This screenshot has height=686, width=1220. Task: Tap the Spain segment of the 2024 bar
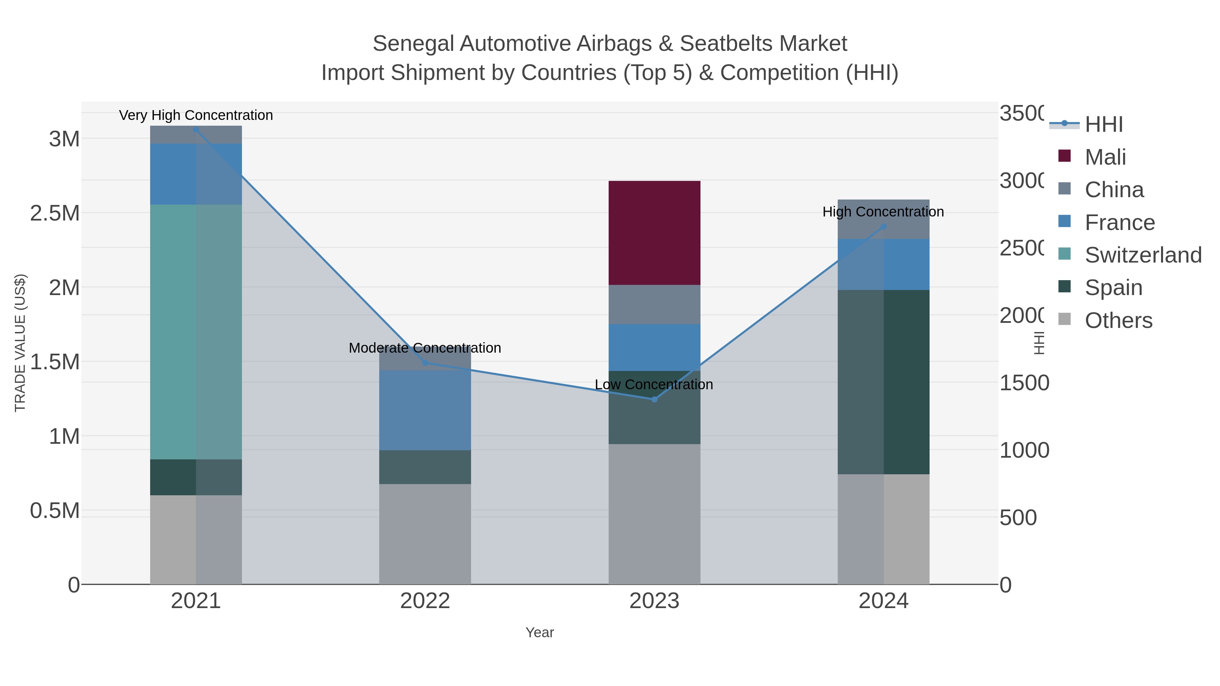(x=883, y=381)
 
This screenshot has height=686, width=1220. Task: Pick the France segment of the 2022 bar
(x=425, y=410)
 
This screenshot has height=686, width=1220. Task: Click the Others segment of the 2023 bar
(x=654, y=514)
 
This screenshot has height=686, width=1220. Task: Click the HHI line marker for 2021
(x=196, y=130)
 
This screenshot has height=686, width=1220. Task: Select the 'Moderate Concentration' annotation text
(x=425, y=348)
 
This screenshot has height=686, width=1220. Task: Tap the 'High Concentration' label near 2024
(x=883, y=212)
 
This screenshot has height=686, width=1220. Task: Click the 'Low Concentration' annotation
(x=654, y=384)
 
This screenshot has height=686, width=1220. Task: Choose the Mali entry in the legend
(x=1105, y=157)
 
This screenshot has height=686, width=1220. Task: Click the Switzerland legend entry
(x=1143, y=255)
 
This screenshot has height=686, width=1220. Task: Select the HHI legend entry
(x=1103, y=125)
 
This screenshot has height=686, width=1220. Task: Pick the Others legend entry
(x=1118, y=320)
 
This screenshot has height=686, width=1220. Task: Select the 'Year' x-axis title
(x=540, y=632)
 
